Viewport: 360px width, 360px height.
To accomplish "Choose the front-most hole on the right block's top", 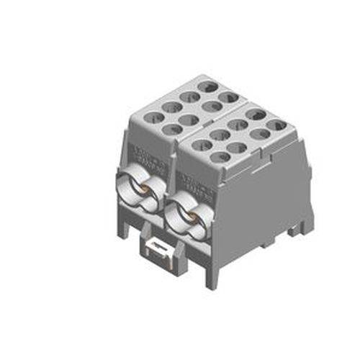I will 222,157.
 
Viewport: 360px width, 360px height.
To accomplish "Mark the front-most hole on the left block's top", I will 173,130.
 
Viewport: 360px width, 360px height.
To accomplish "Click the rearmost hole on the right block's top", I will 256,114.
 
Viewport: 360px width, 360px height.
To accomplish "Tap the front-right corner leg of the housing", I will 210,277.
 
